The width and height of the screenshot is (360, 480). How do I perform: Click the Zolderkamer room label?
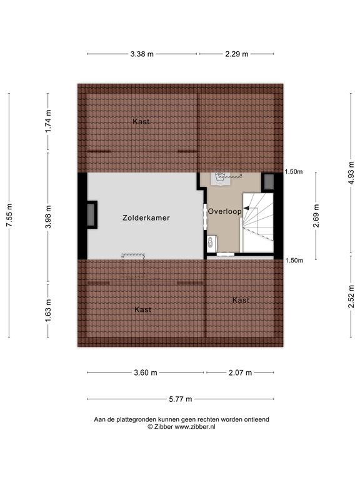146,218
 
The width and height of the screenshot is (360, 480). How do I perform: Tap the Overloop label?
225,211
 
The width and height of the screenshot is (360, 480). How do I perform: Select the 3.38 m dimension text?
142,54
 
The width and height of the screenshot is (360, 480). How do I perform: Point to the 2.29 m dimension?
237,54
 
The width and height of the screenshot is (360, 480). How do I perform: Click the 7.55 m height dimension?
9,215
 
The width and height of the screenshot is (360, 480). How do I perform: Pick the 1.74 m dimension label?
48,121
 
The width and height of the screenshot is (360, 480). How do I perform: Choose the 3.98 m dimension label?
48,217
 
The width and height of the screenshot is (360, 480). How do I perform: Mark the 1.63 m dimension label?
48,311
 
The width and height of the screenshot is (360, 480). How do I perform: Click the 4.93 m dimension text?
351,172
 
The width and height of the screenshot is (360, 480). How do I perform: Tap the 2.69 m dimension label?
316,216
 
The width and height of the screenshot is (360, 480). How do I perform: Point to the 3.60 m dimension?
146,372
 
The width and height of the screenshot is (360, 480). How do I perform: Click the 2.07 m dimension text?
240,372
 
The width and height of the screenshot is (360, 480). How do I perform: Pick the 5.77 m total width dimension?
181,399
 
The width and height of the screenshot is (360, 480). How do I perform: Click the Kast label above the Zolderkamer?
141,121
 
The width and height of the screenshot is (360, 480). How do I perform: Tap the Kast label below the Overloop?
241,300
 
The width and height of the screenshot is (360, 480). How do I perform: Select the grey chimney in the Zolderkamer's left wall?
91,214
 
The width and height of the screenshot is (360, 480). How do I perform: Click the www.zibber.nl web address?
195,427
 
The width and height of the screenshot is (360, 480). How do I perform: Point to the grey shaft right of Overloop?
269,181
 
